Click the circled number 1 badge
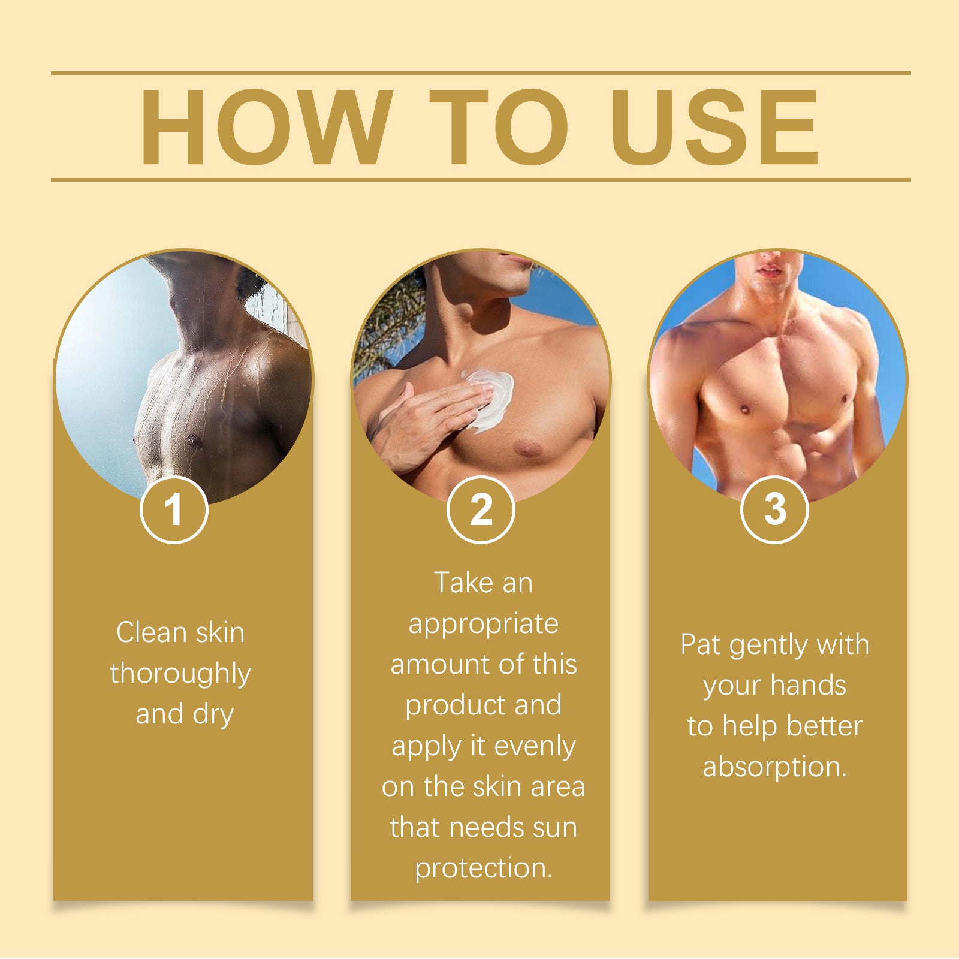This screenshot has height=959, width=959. pos(174,510)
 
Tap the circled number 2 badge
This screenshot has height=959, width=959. pos(481,510)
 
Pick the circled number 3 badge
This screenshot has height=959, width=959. pos(774,510)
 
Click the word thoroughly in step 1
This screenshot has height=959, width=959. pos(180,674)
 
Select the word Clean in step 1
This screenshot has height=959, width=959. pos(144,633)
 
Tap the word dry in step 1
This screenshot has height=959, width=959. pos(213,714)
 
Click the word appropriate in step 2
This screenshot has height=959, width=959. pos(483,625)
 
